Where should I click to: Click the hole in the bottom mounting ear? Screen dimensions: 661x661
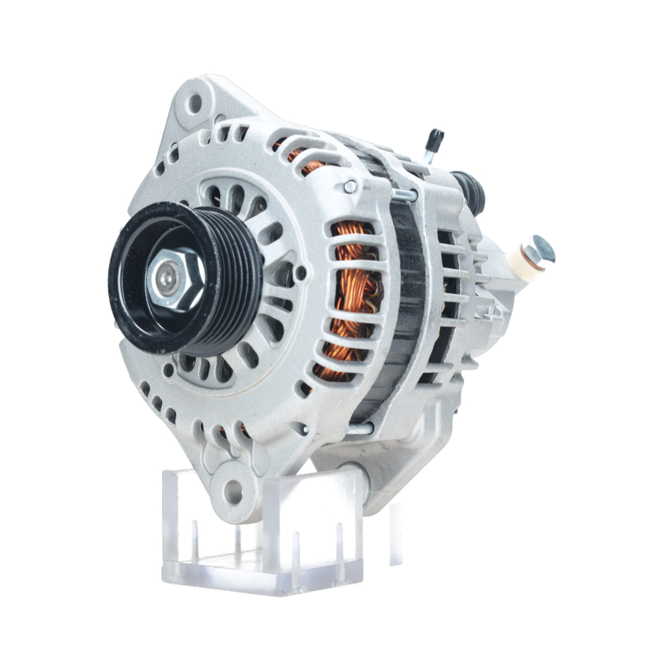[x=232, y=490]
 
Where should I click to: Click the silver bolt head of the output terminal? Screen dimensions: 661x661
[x=542, y=248]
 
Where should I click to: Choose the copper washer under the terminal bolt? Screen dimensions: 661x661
[x=528, y=254]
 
